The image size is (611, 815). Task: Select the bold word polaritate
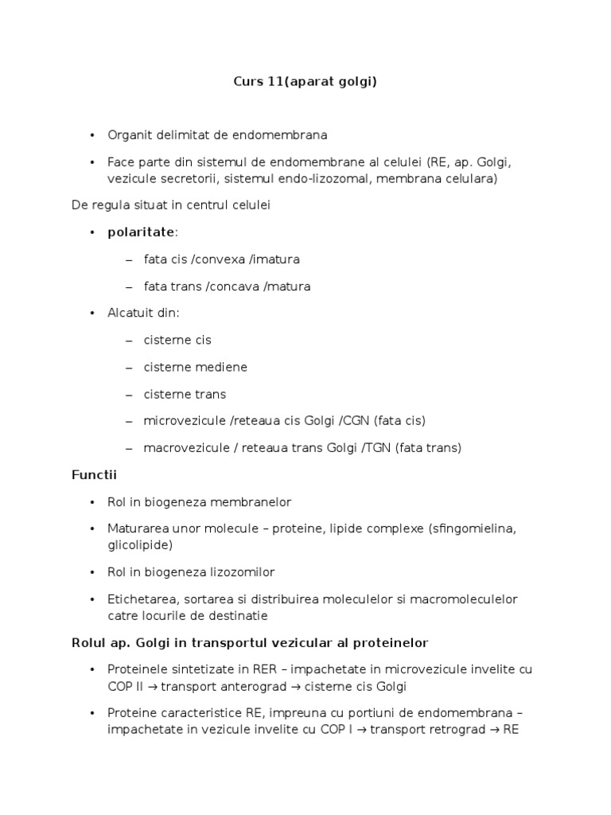142,232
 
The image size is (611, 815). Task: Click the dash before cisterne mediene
129,367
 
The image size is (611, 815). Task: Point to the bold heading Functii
94,475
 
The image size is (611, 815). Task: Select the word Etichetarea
139,599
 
